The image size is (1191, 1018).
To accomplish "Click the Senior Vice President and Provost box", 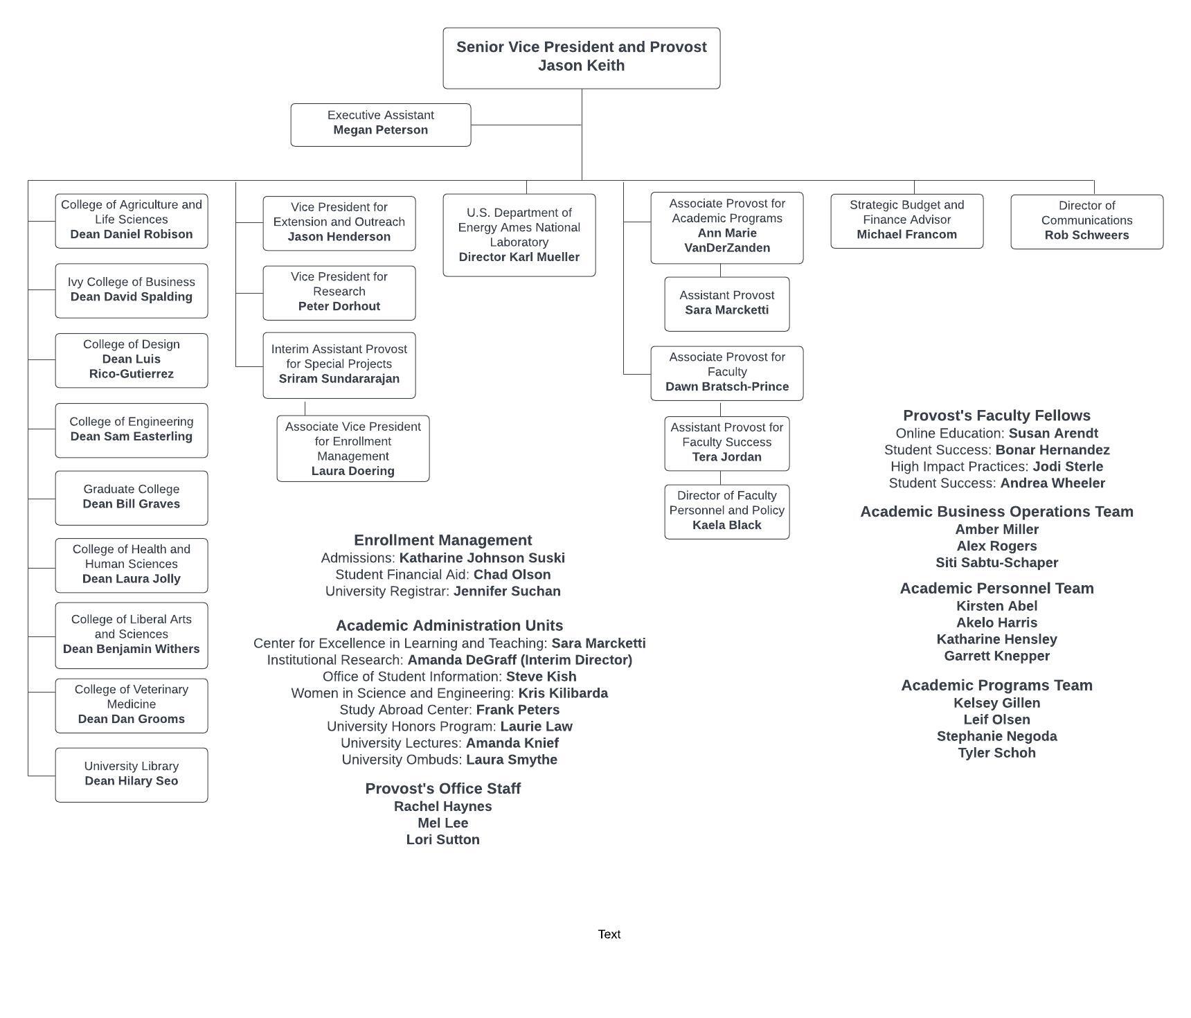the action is pos(582,58).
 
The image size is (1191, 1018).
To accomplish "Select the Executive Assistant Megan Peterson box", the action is pos(381,125).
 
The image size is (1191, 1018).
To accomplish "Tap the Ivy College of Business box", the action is pos(132,291).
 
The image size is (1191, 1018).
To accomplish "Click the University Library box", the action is pos(132,775).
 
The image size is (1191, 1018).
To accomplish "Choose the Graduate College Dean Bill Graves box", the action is pos(132,498).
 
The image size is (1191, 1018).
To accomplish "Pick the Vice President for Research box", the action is pos(339,293).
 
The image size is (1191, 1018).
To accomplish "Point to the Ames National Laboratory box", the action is pos(519,235).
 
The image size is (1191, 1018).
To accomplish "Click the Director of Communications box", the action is pos(1087,222).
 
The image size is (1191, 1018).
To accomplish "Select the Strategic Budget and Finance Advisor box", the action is pos(907,221).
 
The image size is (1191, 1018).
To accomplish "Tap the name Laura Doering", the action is pos(353,471).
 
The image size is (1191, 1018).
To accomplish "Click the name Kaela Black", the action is pos(727,525).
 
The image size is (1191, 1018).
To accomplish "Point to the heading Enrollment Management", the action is pos(443,540).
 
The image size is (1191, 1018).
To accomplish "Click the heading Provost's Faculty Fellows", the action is pos(997,416).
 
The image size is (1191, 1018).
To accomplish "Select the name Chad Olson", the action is pos(512,575).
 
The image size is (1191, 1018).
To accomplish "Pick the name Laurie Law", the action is pos(537,726).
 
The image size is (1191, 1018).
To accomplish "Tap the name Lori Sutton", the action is pos(443,839).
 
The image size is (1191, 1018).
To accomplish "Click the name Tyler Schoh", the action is pos(997,753).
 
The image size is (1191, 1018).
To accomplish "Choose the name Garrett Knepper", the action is pos(997,656).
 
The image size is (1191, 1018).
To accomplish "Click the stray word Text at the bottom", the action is pos(609,934).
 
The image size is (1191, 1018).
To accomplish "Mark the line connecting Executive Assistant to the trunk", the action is pos(526,125).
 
